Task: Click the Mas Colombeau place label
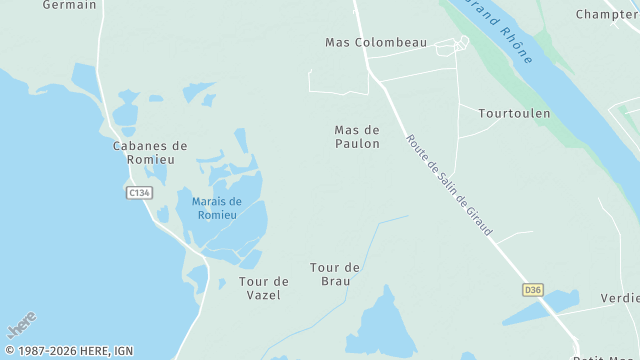point(376,43)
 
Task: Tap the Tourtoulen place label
point(514,114)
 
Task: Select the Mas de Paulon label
point(357,137)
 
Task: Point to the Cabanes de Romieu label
point(150,153)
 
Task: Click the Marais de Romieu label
point(209,208)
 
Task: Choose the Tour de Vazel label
point(264,288)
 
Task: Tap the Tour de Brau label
point(335,274)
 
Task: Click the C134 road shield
point(139,192)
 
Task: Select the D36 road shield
point(533,290)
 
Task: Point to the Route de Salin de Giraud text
point(449,186)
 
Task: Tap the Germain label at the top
point(70,5)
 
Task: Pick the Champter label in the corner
point(607,14)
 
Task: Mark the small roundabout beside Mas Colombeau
point(463,42)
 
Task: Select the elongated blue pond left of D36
point(540,308)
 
